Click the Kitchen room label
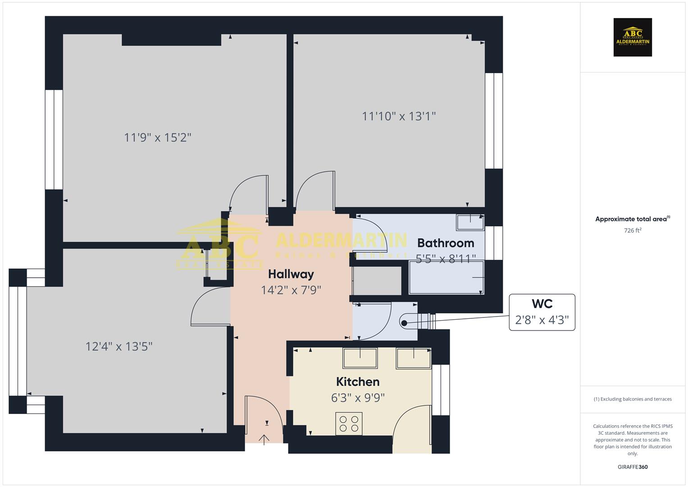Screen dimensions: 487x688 (358, 382)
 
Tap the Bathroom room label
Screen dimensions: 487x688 (446, 243)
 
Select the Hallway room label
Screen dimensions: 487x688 (291, 274)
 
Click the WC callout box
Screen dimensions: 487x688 (542, 312)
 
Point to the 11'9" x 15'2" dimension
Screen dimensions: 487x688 (158, 137)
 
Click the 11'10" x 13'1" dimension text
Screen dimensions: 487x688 (399, 116)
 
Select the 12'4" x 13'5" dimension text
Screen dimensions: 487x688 (119, 346)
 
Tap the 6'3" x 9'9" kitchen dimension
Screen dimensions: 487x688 (358, 398)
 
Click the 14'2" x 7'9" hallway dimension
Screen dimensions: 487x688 (291, 289)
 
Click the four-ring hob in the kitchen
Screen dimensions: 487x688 (349, 423)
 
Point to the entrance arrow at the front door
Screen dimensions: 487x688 (264, 439)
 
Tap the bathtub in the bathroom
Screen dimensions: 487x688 (446, 277)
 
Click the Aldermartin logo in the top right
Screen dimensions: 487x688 (633, 37)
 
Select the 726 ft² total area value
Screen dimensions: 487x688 (633, 230)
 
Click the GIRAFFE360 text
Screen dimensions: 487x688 (633, 467)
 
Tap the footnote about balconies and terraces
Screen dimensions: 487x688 (633, 399)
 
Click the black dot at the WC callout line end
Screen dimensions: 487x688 (404, 323)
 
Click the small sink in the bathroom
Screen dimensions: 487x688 (470, 221)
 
